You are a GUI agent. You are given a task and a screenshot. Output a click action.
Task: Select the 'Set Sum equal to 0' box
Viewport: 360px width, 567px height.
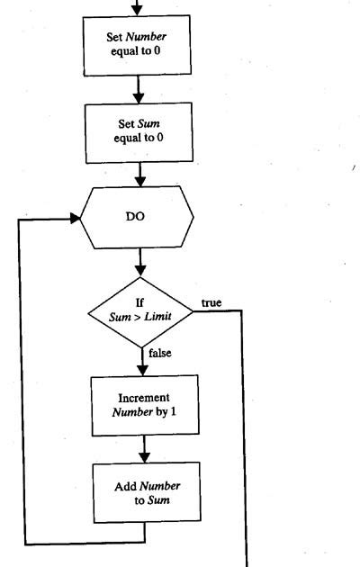click(x=139, y=131)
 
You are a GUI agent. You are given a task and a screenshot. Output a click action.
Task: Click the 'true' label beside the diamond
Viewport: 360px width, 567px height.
click(x=211, y=302)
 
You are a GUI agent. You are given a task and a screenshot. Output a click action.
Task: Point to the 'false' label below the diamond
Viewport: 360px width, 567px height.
click(x=159, y=353)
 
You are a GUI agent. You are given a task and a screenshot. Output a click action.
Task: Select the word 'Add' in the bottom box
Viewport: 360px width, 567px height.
click(x=124, y=486)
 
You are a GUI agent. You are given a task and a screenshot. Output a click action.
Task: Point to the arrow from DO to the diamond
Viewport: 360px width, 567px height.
click(x=139, y=265)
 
